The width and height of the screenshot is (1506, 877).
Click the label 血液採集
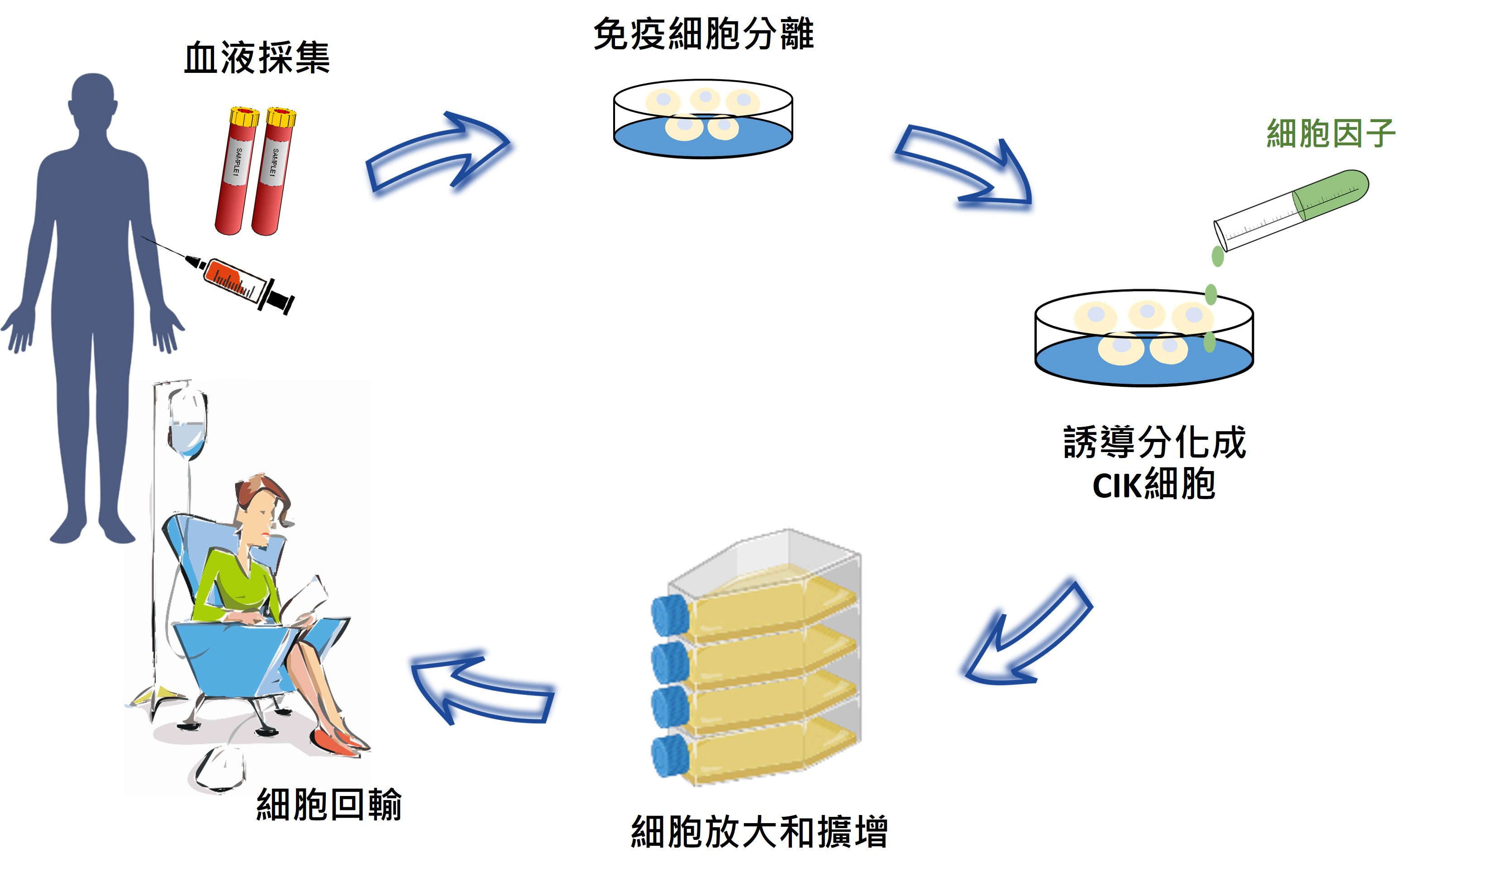pos(257,58)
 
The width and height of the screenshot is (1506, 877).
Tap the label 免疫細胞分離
pos(703,34)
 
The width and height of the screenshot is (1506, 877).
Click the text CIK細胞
pos(1153,484)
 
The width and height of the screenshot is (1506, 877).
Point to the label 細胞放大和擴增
pos(759,832)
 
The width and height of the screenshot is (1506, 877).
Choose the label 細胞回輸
pos(329,805)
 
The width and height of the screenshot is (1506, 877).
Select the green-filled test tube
pos(1291,209)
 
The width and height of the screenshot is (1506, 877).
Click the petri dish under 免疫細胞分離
pos(703,119)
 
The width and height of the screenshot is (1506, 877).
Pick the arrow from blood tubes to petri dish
pos(439,153)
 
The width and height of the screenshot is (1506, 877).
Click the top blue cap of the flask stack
pos(670,616)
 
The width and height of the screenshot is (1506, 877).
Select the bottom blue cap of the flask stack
pos(670,756)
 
